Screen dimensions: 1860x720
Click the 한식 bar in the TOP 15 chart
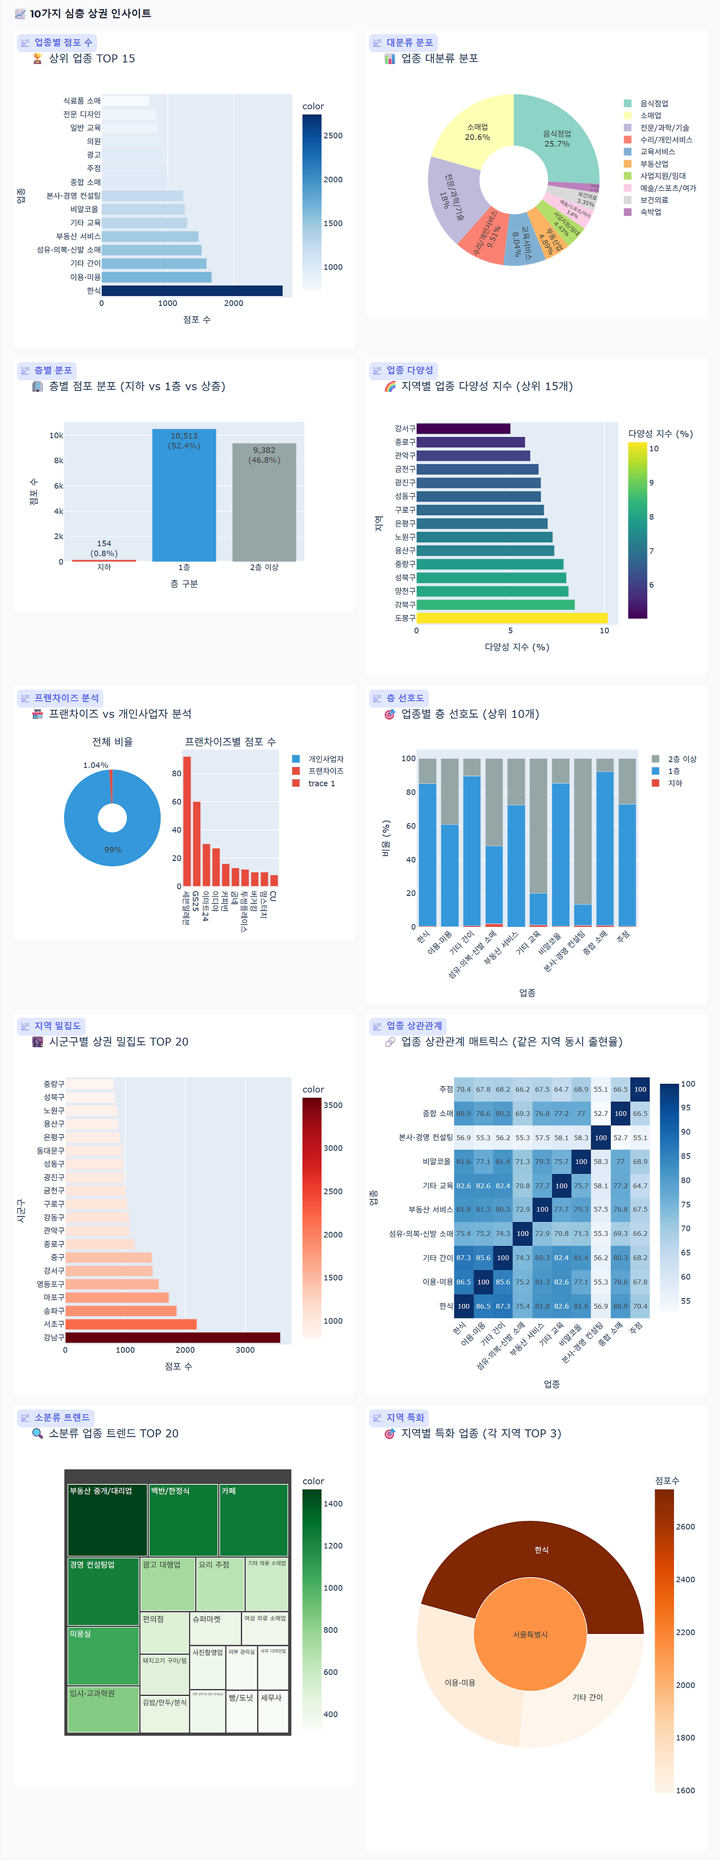click(191, 290)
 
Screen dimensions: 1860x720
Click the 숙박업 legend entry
click(650, 212)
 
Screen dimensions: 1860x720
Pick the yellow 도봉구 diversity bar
click(511, 618)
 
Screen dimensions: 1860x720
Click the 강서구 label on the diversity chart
click(404, 428)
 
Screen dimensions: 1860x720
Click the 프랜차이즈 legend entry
click(325, 771)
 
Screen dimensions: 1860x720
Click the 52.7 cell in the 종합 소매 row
click(601, 1114)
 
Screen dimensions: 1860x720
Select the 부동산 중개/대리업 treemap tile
click(107, 1520)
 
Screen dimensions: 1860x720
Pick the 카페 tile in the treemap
click(254, 1520)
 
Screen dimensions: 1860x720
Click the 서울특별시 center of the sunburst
click(530, 1634)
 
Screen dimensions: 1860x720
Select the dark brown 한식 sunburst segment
click(541, 1550)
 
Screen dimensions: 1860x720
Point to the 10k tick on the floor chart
click(56, 435)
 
